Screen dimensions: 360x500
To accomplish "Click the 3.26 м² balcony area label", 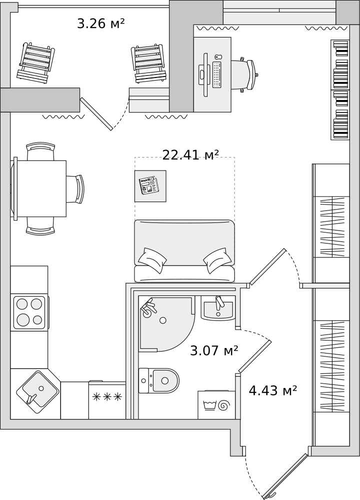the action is tap(100, 23).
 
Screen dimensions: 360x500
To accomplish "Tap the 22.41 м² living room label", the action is tap(190, 155).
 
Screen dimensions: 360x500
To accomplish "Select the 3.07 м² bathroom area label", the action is tap(214, 351).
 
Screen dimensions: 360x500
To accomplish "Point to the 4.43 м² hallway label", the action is tap(272, 390).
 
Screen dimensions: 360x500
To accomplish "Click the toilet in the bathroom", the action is tap(159, 380).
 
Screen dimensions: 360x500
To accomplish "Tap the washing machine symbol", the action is tap(216, 404).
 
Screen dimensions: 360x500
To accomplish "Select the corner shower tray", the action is tap(166, 323).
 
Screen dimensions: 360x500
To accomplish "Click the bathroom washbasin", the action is tap(218, 307).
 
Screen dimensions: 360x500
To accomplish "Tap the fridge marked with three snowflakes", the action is tap(107, 400).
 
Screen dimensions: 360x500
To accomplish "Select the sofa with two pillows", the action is tap(184, 250).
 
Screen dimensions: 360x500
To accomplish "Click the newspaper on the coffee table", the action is tap(148, 185).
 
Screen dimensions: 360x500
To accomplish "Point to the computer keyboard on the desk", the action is tap(217, 74).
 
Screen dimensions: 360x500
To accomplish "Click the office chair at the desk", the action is tap(245, 75).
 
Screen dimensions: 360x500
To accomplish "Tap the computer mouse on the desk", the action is tap(217, 56).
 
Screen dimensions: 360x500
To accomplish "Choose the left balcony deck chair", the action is tap(35, 63).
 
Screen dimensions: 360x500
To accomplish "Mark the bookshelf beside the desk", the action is tap(340, 89).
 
